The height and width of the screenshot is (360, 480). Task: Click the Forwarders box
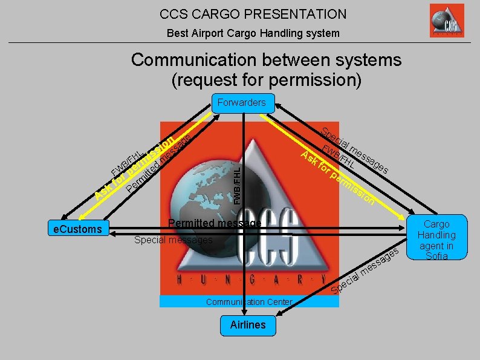pos(241,102)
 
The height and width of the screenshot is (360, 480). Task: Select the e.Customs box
pos(78,229)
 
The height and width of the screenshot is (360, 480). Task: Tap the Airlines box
pos(248,325)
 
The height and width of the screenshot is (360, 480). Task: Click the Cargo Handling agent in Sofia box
pos(436,240)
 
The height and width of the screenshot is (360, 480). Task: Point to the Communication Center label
pos(248,301)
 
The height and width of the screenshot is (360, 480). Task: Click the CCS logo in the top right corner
pos(447,21)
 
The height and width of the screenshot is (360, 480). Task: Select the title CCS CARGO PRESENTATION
pos(253,14)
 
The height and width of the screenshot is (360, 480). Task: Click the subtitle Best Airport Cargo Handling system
pos(253,33)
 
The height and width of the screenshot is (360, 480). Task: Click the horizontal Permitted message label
pos(215,223)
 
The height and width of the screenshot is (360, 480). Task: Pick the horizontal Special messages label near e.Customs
pos(174,240)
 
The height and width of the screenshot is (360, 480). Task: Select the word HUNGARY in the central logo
pos(247,280)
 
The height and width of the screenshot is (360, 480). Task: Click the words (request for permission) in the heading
pos(266,79)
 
